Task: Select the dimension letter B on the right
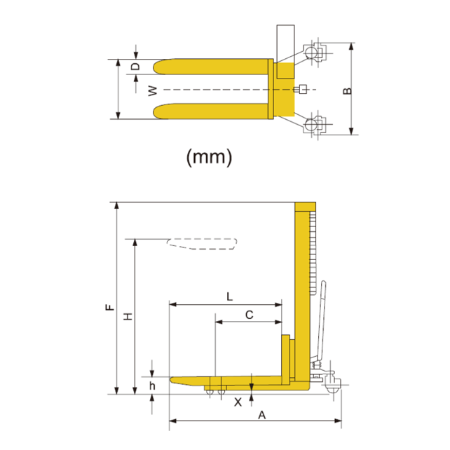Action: [346, 90]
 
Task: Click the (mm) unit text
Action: [208, 157]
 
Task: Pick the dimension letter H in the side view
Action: [128, 317]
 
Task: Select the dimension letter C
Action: [249, 315]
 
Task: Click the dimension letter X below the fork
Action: [238, 402]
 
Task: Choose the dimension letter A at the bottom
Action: [262, 414]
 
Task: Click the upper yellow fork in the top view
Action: [210, 69]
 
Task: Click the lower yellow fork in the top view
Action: [210, 111]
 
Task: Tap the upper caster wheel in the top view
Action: [313, 53]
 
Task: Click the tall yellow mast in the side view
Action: [302, 294]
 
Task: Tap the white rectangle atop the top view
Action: [285, 43]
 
